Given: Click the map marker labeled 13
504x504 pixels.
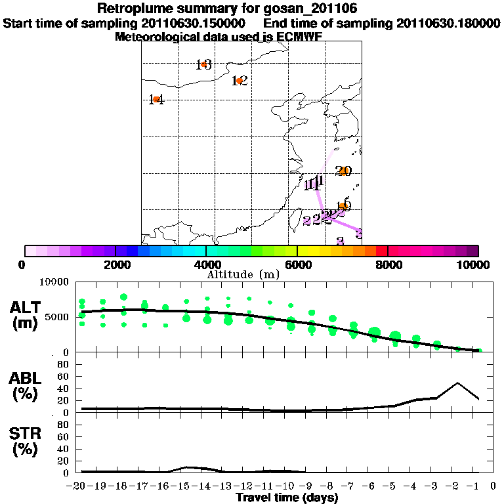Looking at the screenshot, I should (204, 64).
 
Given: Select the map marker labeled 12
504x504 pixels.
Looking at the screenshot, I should (240, 81).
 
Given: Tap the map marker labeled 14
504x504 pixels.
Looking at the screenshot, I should (156, 100).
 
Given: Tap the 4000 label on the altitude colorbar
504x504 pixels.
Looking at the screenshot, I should (206, 264).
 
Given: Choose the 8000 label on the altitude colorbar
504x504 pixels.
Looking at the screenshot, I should (388, 264).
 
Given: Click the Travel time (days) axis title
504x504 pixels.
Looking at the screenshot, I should (287, 498).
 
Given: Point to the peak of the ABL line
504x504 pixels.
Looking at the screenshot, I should (457, 383).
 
